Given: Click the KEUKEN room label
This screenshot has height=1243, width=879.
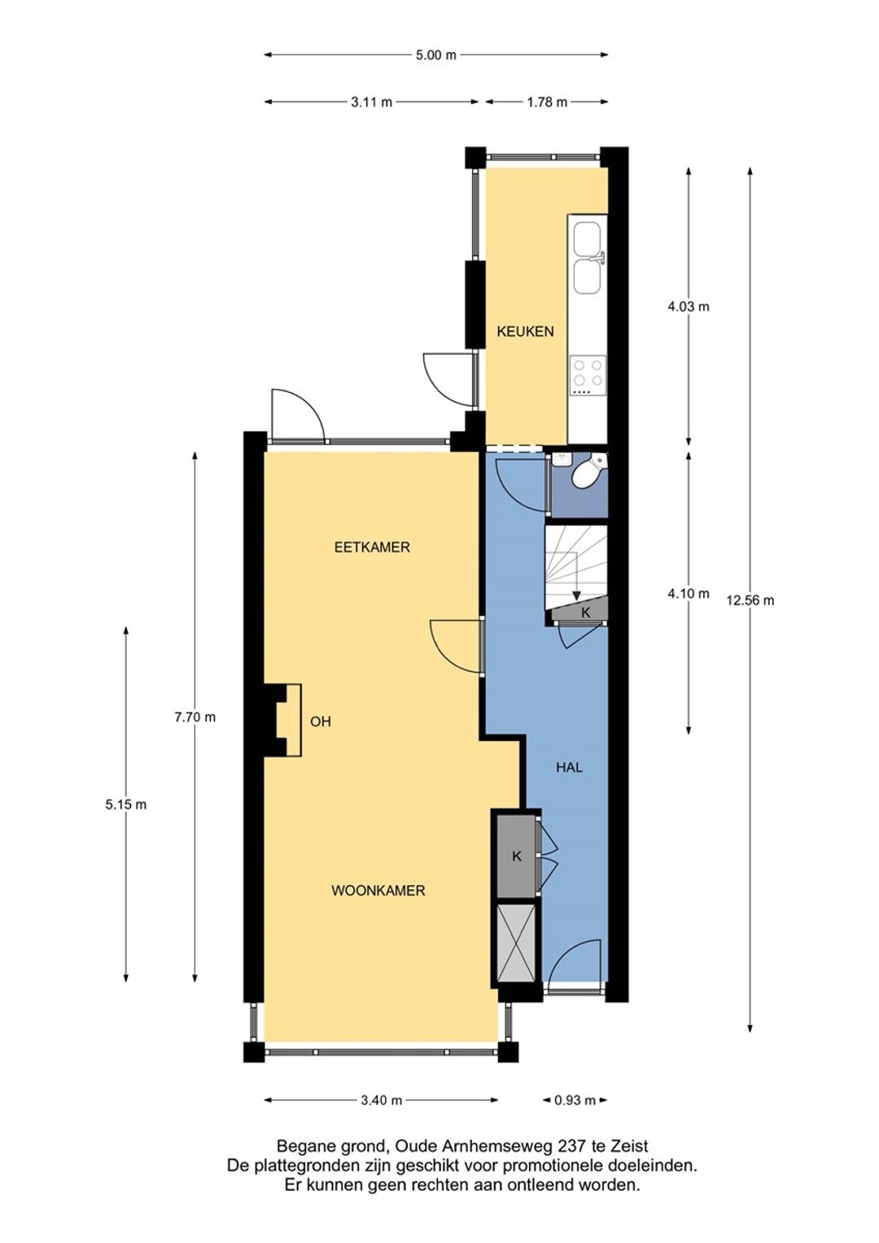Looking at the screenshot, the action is coord(525,332).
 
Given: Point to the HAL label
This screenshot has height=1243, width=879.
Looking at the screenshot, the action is coord(569,767).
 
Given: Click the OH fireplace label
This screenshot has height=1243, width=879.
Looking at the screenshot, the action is coord(321,722).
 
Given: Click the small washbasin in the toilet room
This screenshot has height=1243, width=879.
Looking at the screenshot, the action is coord(562,458).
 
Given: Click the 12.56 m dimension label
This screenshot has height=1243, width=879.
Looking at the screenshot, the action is coord(750,600).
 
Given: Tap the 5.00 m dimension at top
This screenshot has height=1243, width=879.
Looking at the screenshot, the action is coord(436,55).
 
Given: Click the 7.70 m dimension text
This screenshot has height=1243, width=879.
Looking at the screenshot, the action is coord(195,717).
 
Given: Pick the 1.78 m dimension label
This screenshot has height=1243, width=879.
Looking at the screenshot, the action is coord(547,102).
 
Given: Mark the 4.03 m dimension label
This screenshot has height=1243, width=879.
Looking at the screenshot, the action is coord(689,307).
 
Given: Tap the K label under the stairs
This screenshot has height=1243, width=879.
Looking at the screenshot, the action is coord(585,613).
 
